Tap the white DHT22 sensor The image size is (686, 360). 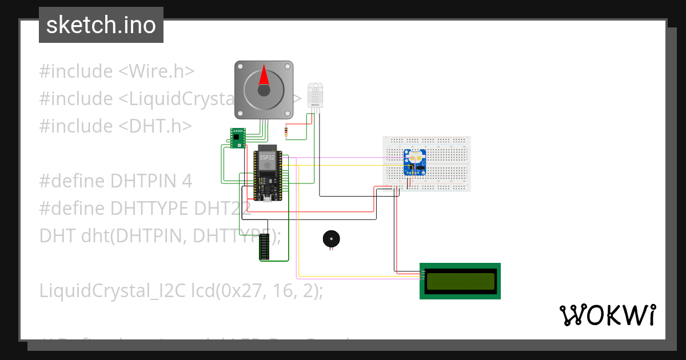click(x=316, y=94)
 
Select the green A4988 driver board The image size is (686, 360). click(x=237, y=138)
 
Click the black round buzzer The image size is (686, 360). click(x=330, y=239)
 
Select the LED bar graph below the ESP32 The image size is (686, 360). click(x=264, y=247)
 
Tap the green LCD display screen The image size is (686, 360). click(x=460, y=281)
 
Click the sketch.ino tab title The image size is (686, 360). click(x=101, y=25)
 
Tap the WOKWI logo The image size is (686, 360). click(x=607, y=315)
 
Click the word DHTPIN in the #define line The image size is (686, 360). click(x=145, y=181)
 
